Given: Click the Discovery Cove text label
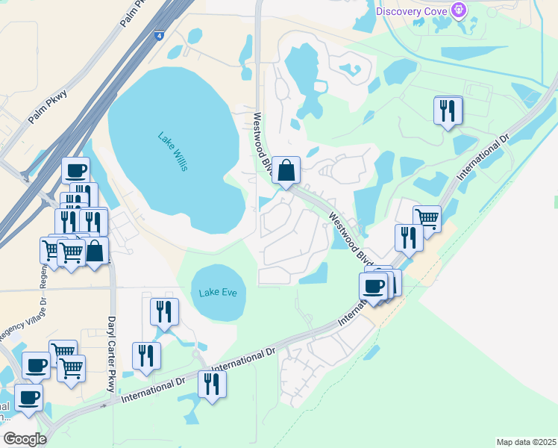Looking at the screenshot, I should [411, 10].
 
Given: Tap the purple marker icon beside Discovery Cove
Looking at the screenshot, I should [459, 10].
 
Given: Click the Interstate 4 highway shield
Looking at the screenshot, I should [160, 34].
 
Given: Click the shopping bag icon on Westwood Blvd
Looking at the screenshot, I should [286, 171].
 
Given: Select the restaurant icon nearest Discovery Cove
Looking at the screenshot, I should [448, 111].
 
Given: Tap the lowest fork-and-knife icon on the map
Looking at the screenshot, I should [212, 384].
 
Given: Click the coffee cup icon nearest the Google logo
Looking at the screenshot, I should [28, 398].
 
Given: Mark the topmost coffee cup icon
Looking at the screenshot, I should [75, 171].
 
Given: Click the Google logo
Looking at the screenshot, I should [25, 439].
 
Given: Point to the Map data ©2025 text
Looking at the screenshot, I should [526, 442].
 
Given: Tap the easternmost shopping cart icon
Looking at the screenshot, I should [427, 218].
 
